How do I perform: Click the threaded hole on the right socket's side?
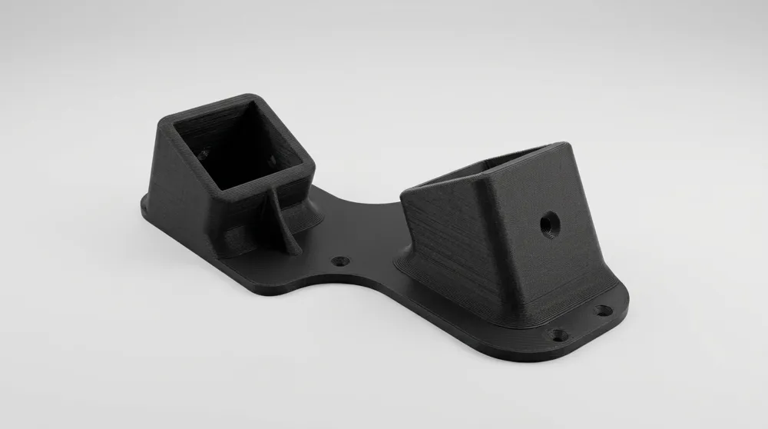(549, 224)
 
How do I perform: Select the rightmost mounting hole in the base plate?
(604, 311)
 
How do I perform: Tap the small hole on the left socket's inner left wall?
(204, 154)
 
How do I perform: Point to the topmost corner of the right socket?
(554, 145)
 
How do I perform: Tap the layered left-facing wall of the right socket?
(453, 238)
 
